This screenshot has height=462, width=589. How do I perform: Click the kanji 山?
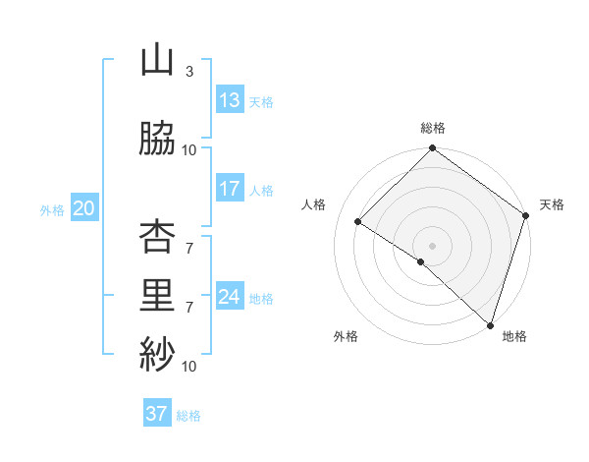(x=157, y=61)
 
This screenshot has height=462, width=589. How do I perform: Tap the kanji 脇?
(x=157, y=139)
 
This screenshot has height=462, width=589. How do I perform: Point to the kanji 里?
(x=157, y=296)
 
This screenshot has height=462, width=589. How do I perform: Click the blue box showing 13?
(x=230, y=100)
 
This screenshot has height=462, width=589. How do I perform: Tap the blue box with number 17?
(x=230, y=189)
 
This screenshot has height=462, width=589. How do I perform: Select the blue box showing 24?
(x=230, y=297)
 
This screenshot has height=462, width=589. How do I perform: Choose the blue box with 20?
(x=84, y=208)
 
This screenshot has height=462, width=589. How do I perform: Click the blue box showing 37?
(x=157, y=414)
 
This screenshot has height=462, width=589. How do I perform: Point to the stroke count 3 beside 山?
(x=189, y=72)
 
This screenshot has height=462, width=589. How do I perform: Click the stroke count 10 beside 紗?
(x=189, y=367)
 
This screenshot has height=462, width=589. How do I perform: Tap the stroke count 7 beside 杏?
(x=189, y=249)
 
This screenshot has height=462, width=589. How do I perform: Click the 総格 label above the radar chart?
(x=432, y=128)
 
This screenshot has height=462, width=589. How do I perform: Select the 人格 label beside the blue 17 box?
(x=261, y=190)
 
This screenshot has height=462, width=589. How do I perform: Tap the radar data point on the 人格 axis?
(x=358, y=221)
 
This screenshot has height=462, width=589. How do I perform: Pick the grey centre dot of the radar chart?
(x=432, y=245)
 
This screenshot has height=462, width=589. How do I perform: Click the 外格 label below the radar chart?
(x=346, y=336)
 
